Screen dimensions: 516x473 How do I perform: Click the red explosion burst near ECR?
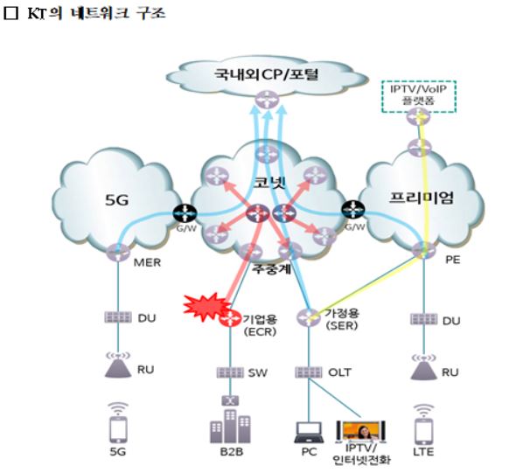pos(205,307)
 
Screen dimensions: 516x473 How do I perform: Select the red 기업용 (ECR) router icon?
pos(230,318)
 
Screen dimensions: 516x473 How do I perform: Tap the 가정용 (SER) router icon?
pos(309,317)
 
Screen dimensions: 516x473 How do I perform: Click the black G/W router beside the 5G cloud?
pos(185,213)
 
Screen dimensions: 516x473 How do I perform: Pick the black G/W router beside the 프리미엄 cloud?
pos(353,210)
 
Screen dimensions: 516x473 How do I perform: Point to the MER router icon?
pos(118,253)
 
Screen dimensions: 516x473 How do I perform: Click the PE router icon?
pos(423,250)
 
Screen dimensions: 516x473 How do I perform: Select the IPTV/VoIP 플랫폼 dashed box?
pos(419,96)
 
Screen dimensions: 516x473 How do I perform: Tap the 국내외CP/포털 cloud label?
pos(266,74)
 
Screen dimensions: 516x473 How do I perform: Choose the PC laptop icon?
pos(309,432)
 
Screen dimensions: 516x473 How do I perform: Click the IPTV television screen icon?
pos(360,431)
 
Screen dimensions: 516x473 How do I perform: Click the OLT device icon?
pos(309,372)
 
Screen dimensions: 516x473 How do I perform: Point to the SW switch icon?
pos(230,372)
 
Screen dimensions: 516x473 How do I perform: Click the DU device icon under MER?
pos(118,317)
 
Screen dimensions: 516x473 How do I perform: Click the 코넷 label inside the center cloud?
pos(269,182)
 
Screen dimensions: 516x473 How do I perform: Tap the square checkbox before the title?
pos(10,13)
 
